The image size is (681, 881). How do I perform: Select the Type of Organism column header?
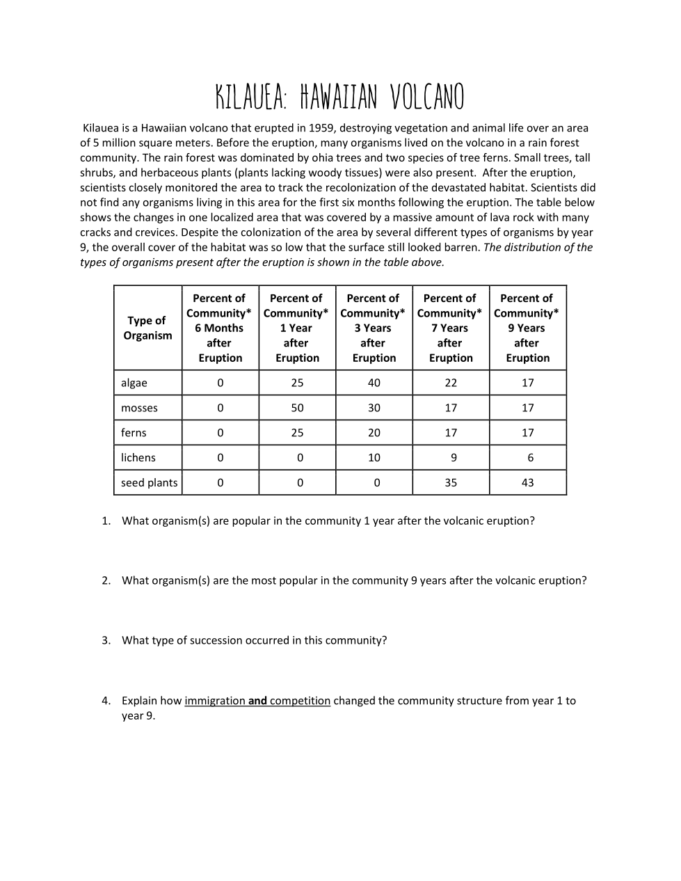[147, 328]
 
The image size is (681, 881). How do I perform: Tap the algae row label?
[134, 383]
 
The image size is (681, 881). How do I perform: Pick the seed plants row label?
[149, 482]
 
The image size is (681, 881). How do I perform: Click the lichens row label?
[138, 457]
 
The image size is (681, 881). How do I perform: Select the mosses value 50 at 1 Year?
[297, 408]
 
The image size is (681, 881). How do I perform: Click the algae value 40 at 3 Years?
[374, 383]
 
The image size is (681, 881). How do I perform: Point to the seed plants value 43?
[527, 482]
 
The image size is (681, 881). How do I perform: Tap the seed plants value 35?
[451, 482]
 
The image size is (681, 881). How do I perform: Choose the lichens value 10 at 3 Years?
[374, 457]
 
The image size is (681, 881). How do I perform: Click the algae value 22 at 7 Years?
[451, 383]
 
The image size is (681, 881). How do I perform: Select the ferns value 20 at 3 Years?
[374, 432]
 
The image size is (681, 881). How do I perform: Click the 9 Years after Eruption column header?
[527, 328]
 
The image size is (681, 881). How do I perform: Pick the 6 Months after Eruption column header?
[219, 328]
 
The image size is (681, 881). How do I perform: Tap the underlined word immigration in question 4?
[215, 701]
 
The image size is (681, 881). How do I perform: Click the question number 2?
[106, 580]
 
